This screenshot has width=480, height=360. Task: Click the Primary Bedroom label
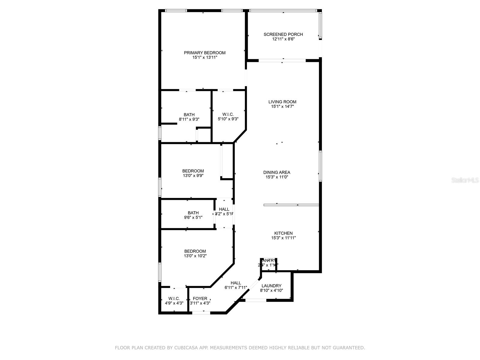(205, 53)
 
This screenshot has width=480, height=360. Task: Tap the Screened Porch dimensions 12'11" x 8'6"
(283, 39)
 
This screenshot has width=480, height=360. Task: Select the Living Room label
(282, 102)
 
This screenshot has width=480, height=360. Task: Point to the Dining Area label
(277, 172)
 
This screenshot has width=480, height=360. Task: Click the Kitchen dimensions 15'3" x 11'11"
(283, 238)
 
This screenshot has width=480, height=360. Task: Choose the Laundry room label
(271, 286)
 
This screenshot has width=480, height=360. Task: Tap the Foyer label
(200, 298)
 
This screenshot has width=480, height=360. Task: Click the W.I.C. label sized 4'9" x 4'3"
(174, 298)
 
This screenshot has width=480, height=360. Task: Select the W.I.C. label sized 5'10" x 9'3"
(228, 114)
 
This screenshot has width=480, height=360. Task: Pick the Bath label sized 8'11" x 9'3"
(189, 115)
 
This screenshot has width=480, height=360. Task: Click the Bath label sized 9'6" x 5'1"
(193, 213)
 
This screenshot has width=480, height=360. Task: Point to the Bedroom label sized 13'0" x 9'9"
(193, 171)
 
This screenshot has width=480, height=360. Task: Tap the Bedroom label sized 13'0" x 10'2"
(195, 251)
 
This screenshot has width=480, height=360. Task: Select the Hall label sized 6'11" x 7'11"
(236, 283)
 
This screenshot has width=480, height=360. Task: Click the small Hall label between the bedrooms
(224, 209)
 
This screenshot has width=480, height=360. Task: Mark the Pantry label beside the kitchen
(269, 260)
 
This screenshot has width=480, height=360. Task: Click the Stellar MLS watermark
(465, 180)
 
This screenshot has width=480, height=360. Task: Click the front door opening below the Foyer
(201, 313)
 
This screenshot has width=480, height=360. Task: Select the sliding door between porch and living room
(282, 61)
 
